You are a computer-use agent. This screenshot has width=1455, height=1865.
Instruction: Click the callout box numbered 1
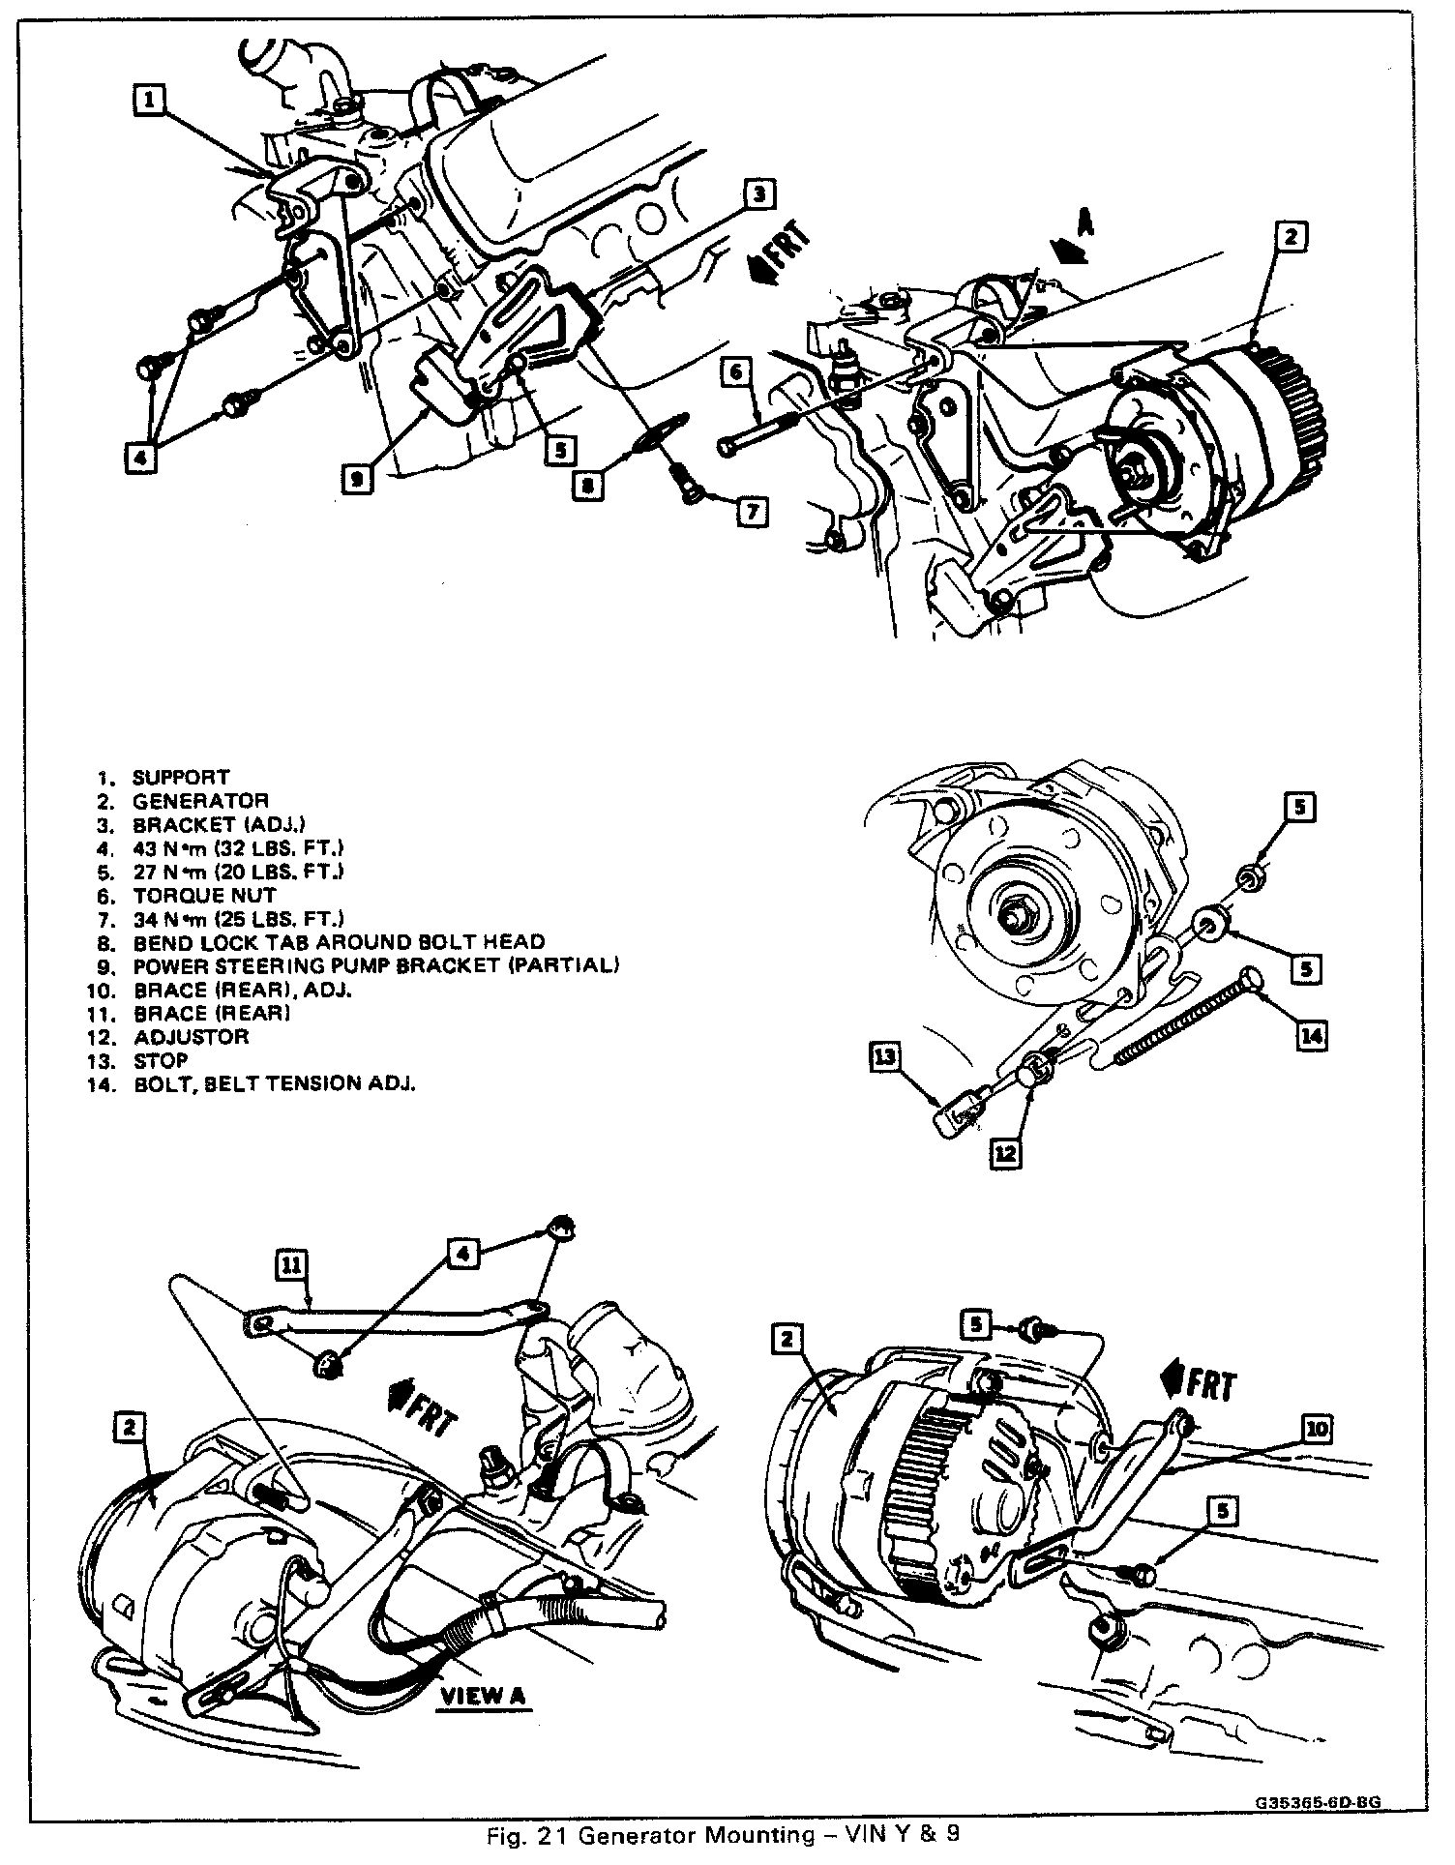tap(150, 99)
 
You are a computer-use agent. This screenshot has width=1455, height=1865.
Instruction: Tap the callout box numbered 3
tap(760, 193)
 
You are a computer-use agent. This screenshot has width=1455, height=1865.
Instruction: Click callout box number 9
tap(358, 478)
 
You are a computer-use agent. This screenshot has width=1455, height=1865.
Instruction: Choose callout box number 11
tap(290, 1264)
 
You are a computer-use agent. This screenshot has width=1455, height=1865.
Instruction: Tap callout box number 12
tap(1005, 1153)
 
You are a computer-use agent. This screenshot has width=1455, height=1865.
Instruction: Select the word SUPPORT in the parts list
tap(181, 777)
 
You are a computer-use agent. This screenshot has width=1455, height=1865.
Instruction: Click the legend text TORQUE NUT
tap(204, 895)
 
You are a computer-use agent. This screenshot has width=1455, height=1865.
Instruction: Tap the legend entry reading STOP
tap(161, 1060)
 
